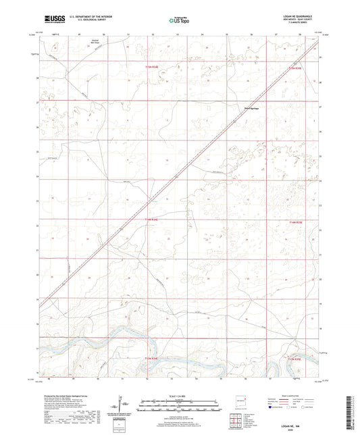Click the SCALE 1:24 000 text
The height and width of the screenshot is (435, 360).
pyautogui.click(x=178, y=394)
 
